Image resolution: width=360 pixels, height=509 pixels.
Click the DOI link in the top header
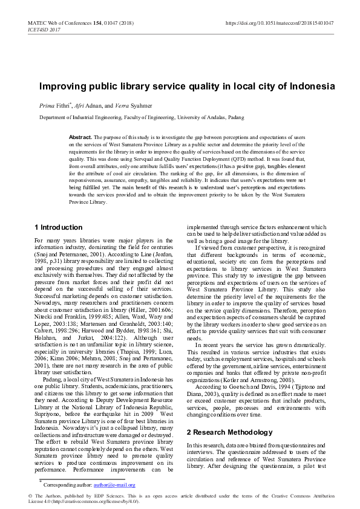tap(280, 23)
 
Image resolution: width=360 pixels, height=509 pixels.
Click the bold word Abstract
tap(80, 138)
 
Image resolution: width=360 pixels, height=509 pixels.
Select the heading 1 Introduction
tap(59, 227)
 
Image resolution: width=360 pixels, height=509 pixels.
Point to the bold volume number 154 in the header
tap(97, 23)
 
